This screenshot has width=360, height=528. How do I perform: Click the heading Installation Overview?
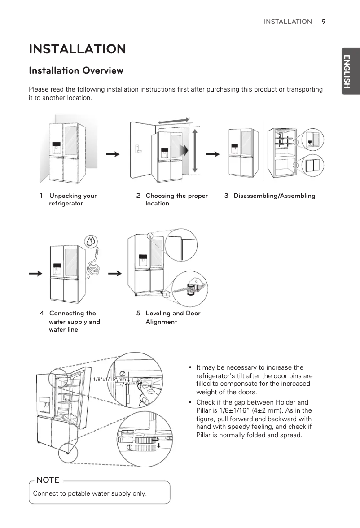[x=76, y=70]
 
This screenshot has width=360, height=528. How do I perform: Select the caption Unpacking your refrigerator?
[x=72, y=200]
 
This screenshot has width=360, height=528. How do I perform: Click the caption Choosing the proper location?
[x=176, y=200]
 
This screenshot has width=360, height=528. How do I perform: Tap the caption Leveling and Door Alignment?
[x=172, y=318]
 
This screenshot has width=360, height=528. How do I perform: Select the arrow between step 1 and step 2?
[x=113, y=154]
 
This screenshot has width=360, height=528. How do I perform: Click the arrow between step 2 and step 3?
[x=212, y=154]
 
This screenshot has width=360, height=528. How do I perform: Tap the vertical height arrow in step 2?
[x=194, y=151]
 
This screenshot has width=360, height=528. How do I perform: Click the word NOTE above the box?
[x=48, y=480]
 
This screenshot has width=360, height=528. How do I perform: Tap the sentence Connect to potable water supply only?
[x=90, y=494]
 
